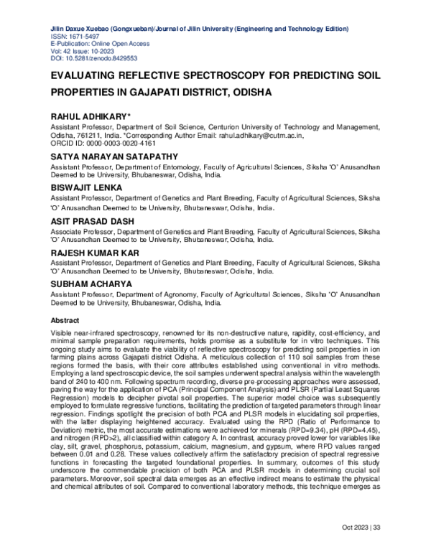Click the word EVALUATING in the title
(x=92, y=76)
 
